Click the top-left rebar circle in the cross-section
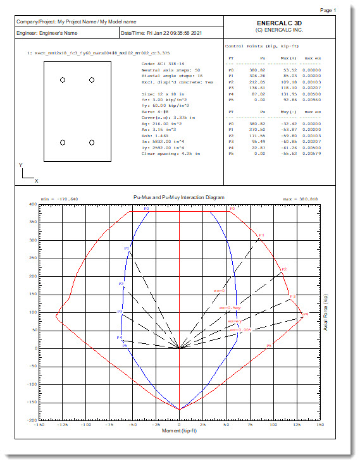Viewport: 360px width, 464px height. tap(63, 80)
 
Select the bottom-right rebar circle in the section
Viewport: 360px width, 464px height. tap(92, 143)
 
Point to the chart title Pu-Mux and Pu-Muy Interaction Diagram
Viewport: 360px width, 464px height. tap(180, 197)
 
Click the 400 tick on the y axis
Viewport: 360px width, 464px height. tap(32, 205)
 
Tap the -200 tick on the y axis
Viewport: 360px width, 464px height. tap(31, 420)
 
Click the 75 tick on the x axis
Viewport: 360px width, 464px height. tap(250, 425)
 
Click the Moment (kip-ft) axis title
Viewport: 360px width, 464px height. tap(180, 431)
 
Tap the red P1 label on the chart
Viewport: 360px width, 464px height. tap(261, 235)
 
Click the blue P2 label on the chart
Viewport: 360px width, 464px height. tap(121, 284)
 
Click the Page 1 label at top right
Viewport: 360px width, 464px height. tap(346, 11)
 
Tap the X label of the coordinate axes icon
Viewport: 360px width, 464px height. tap(36, 181)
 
